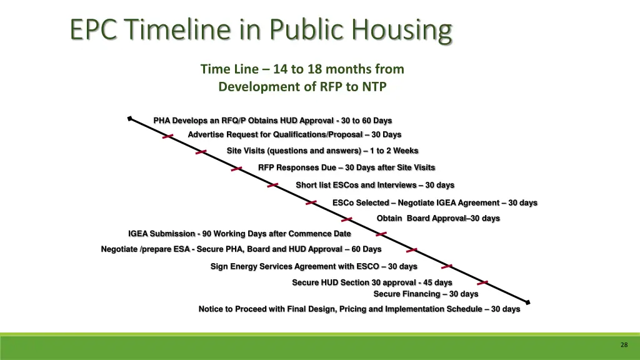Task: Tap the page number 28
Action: coord(624,345)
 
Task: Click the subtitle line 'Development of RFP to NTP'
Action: coord(302,87)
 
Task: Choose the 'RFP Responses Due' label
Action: coord(346,167)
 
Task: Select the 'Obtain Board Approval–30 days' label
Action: coord(437,218)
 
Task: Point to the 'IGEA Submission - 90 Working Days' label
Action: coord(239,234)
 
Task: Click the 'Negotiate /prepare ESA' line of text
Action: coord(241,249)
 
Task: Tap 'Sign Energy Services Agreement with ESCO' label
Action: coord(313,267)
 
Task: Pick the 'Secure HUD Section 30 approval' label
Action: coord(372,282)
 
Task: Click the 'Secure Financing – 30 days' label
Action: coord(426,294)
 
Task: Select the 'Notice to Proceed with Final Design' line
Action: coord(359,309)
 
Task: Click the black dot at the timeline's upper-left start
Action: coord(129,118)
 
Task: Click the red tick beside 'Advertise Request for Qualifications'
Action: coord(167,136)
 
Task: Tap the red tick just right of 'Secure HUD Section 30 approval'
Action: coord(482,283)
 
